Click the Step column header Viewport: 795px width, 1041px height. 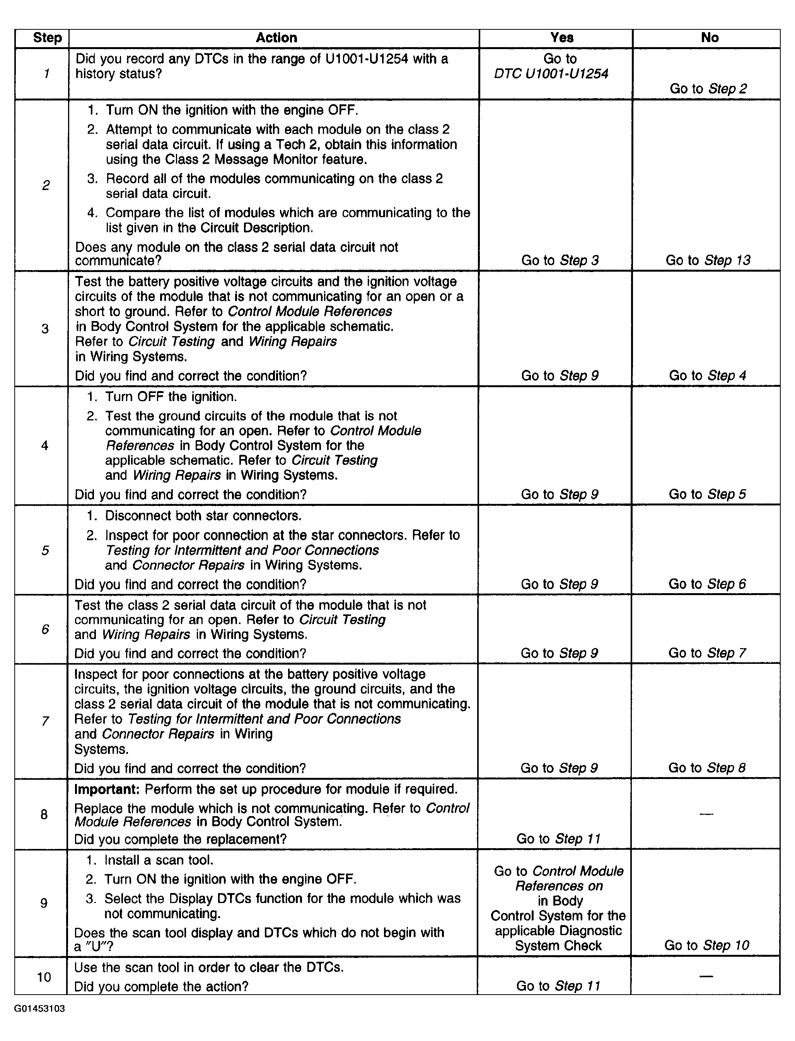[47, 38]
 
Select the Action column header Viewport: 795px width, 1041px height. [276, 38]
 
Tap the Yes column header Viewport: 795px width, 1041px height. [562, 38]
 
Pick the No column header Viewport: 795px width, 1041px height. [709, 38]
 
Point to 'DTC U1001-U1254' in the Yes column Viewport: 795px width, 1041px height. [551, 73]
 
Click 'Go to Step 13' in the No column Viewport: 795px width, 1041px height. [708, 260]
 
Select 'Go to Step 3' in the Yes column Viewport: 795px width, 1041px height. [560, 260]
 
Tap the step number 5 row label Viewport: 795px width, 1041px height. [45, 550]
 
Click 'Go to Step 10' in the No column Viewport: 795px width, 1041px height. [706, 945]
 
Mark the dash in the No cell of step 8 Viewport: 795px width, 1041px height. [706, 814]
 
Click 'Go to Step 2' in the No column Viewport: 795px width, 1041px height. [708, 88]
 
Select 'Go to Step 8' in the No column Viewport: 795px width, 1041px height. [706, 768]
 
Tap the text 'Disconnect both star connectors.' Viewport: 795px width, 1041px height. [203, 515]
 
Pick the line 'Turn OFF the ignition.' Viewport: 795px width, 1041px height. [171, 396]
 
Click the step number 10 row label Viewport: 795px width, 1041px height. [44, 977]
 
